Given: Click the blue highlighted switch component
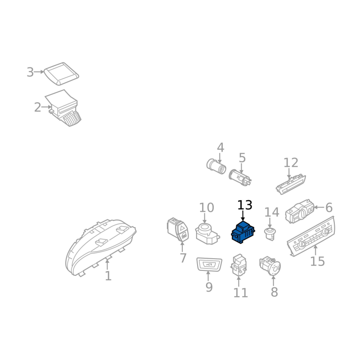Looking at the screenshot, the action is point(243,232).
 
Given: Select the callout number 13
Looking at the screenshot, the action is point(245,205).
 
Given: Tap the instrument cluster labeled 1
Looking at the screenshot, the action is point(101,247).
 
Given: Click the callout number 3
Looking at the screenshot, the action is point(30,72).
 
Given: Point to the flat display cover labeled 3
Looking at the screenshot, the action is point(61,73).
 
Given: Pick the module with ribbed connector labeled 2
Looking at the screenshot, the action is point(63,108).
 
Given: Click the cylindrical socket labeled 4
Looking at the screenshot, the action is point(216,166).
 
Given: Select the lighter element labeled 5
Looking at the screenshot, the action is point(240,177).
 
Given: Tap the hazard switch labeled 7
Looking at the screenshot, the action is point(178,229).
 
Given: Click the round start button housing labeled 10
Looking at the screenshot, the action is point(207,234).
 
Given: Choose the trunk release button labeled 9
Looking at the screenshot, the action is point(209,264).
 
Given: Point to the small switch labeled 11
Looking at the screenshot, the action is point(239,265).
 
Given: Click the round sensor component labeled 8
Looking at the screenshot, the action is point(270,265).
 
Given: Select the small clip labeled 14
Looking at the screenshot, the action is point(270,234).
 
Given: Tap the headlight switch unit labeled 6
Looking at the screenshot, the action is point(300,211).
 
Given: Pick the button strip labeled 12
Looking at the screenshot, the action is point(291,184).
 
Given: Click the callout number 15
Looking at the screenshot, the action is point(318,261).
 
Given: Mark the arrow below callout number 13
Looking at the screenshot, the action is point(243,216).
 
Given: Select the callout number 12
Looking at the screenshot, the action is point(291,162).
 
